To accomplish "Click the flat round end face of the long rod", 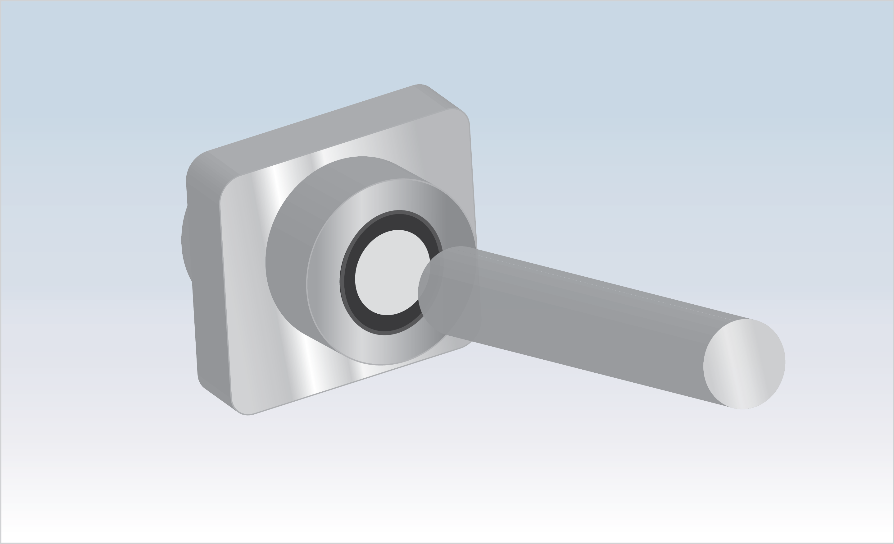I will click(744, 364).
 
